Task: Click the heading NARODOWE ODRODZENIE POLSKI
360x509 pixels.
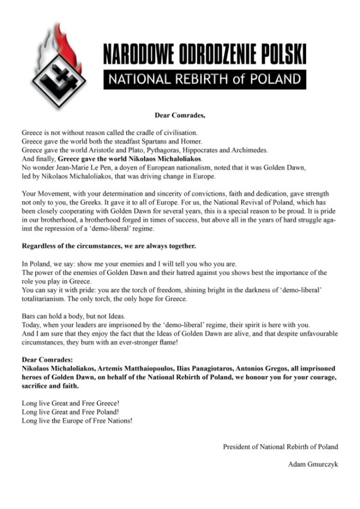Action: [x=204, y=55]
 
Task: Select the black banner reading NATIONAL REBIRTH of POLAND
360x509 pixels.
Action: [x=204, y=79]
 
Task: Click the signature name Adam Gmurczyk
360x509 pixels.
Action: [x=313, y=464]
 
